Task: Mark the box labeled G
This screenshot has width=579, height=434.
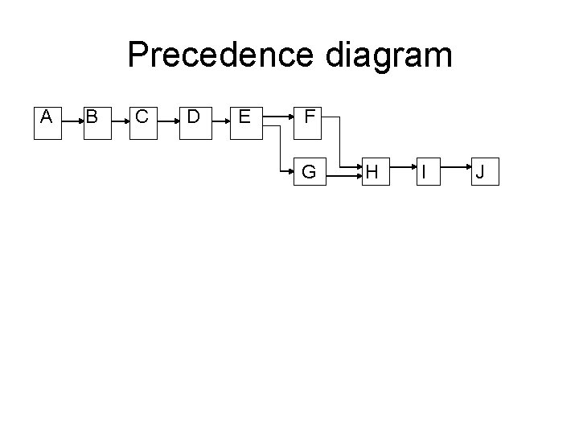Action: click(309, 171)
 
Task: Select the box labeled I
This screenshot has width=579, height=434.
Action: click(427, 171)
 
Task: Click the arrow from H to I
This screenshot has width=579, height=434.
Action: click(400, 171)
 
